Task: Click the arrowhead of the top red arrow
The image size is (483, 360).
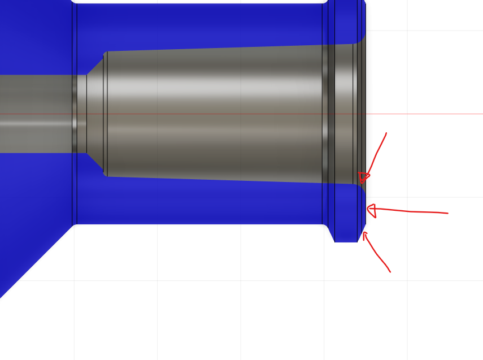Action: (x=363, y=179)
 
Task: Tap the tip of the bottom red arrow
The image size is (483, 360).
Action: (x=364, y=232)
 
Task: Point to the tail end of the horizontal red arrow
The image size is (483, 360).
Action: (x=447, y=213)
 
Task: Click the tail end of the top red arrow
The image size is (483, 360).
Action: (x=386, y=133)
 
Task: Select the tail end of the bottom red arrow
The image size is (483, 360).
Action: (x=390, y=272)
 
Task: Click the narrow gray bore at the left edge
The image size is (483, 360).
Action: (x=34, y=113)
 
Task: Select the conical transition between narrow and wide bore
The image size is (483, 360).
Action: (x=95, y=113)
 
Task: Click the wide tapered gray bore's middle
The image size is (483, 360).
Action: (x=215, y=113)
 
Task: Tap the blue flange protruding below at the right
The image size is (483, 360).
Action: (x=346, y=232)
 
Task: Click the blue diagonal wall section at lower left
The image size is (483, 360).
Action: (x=28, y=249)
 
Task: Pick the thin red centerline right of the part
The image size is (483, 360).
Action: (x=424, y=114)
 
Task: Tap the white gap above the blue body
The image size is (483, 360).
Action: (x=198, y=2)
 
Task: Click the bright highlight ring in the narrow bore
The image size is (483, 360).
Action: (x=75, y=113)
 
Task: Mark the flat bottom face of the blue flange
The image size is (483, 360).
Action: (x=346, y=241)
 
